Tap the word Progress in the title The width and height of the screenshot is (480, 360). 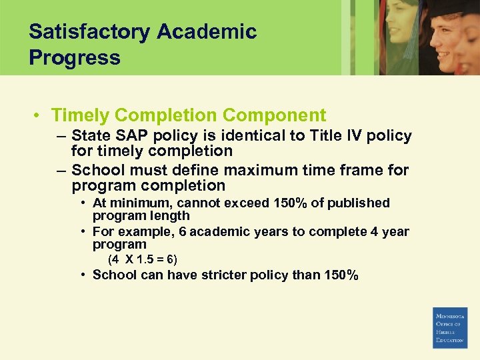tap(75, 57)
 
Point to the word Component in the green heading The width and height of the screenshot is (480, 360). tap(275, 115)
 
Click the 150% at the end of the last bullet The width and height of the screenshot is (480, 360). tap(343, 275)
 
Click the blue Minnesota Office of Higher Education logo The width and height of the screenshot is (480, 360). tap(450, 327)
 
